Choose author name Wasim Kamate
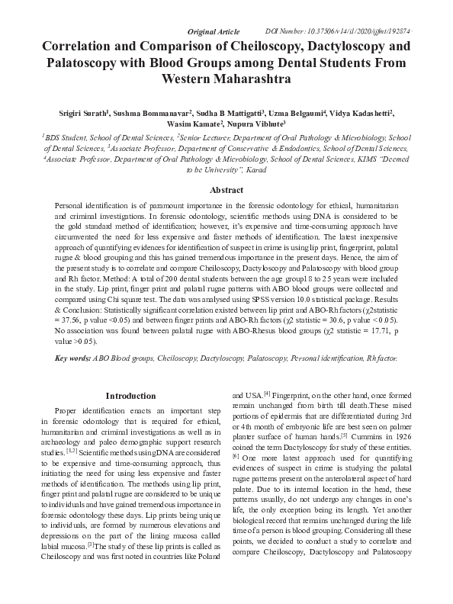(194, 123)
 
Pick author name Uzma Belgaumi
(302, 112)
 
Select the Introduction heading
(130, 396)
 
